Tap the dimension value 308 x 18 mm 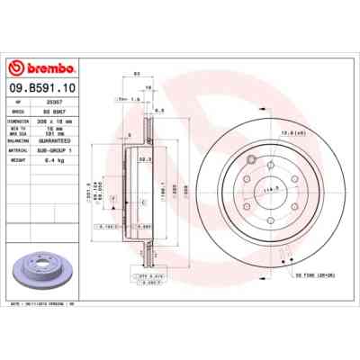(73, 118)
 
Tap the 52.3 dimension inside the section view (144, 159)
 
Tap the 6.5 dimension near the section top (158, 109)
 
